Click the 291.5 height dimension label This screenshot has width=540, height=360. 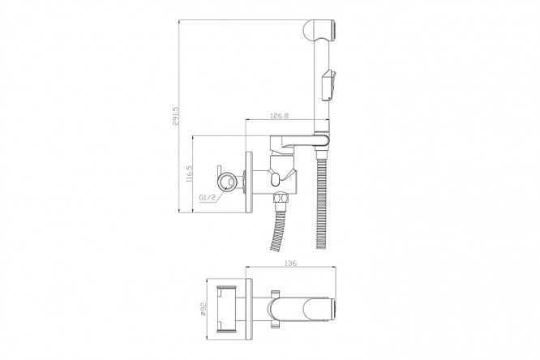[x=176, y=116]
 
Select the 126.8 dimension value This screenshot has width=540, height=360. [x=280, y=116]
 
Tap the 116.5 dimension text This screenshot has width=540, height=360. [x=189, y=174]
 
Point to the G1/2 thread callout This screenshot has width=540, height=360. [x=208, y=197]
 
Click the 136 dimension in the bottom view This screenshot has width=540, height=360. [x=290, y=264]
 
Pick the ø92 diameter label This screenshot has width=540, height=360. [x=203, y=309]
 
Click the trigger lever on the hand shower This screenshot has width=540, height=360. [x=328, y=85]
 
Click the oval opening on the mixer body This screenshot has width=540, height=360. [x=276, y=179]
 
